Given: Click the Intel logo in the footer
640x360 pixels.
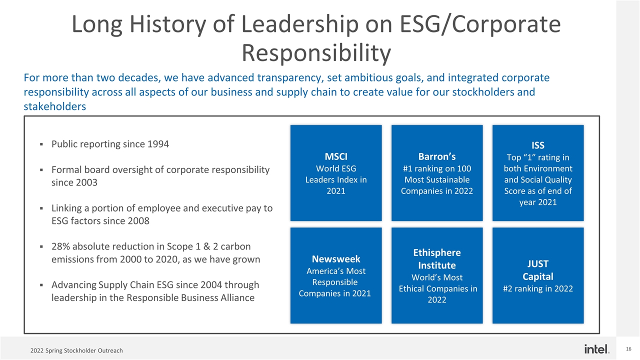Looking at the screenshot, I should click(596, 348).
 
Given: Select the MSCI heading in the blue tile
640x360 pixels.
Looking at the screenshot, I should click(336, 154).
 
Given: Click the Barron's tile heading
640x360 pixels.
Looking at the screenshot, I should click(436, 154).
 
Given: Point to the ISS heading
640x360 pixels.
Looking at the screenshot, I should click(538, 145).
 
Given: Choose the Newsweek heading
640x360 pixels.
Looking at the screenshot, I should click(336, 258).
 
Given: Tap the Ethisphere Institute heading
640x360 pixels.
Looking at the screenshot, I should click(436, 258).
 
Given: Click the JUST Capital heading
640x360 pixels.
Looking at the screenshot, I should click(538, 269).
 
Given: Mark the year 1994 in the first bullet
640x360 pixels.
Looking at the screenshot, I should click(158, 144).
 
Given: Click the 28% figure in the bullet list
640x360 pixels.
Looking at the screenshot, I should click(61, 246).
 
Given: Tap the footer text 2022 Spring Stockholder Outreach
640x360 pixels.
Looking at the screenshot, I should click(76, 350).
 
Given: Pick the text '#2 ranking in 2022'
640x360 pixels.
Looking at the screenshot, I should click(538, 288).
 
